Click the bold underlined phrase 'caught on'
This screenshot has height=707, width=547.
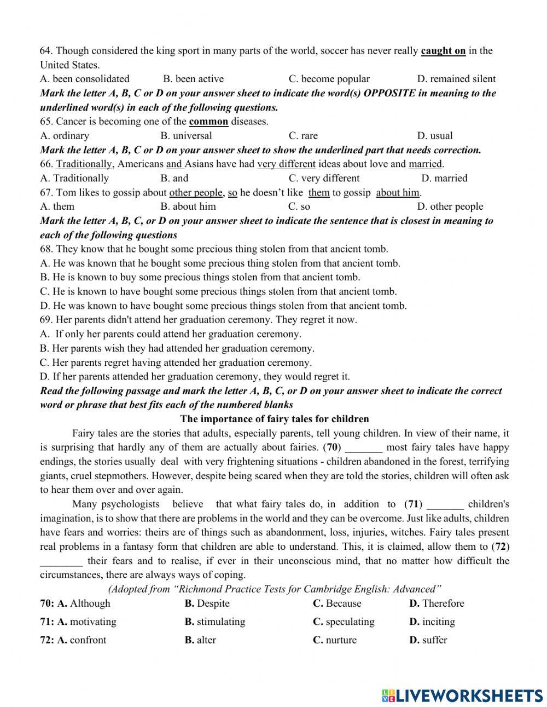(x=443, y=51)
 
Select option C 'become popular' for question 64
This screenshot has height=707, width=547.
(x=329, y=79)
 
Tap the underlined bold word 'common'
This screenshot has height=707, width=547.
(x=208, y=122)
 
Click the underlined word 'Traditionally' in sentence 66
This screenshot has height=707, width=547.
(x=84, y=164)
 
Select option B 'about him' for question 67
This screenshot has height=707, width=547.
(x=188, y=207)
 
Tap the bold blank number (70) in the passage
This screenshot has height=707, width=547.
(x=332, y=447)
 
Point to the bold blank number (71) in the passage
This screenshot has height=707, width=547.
(x=413, y=504)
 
